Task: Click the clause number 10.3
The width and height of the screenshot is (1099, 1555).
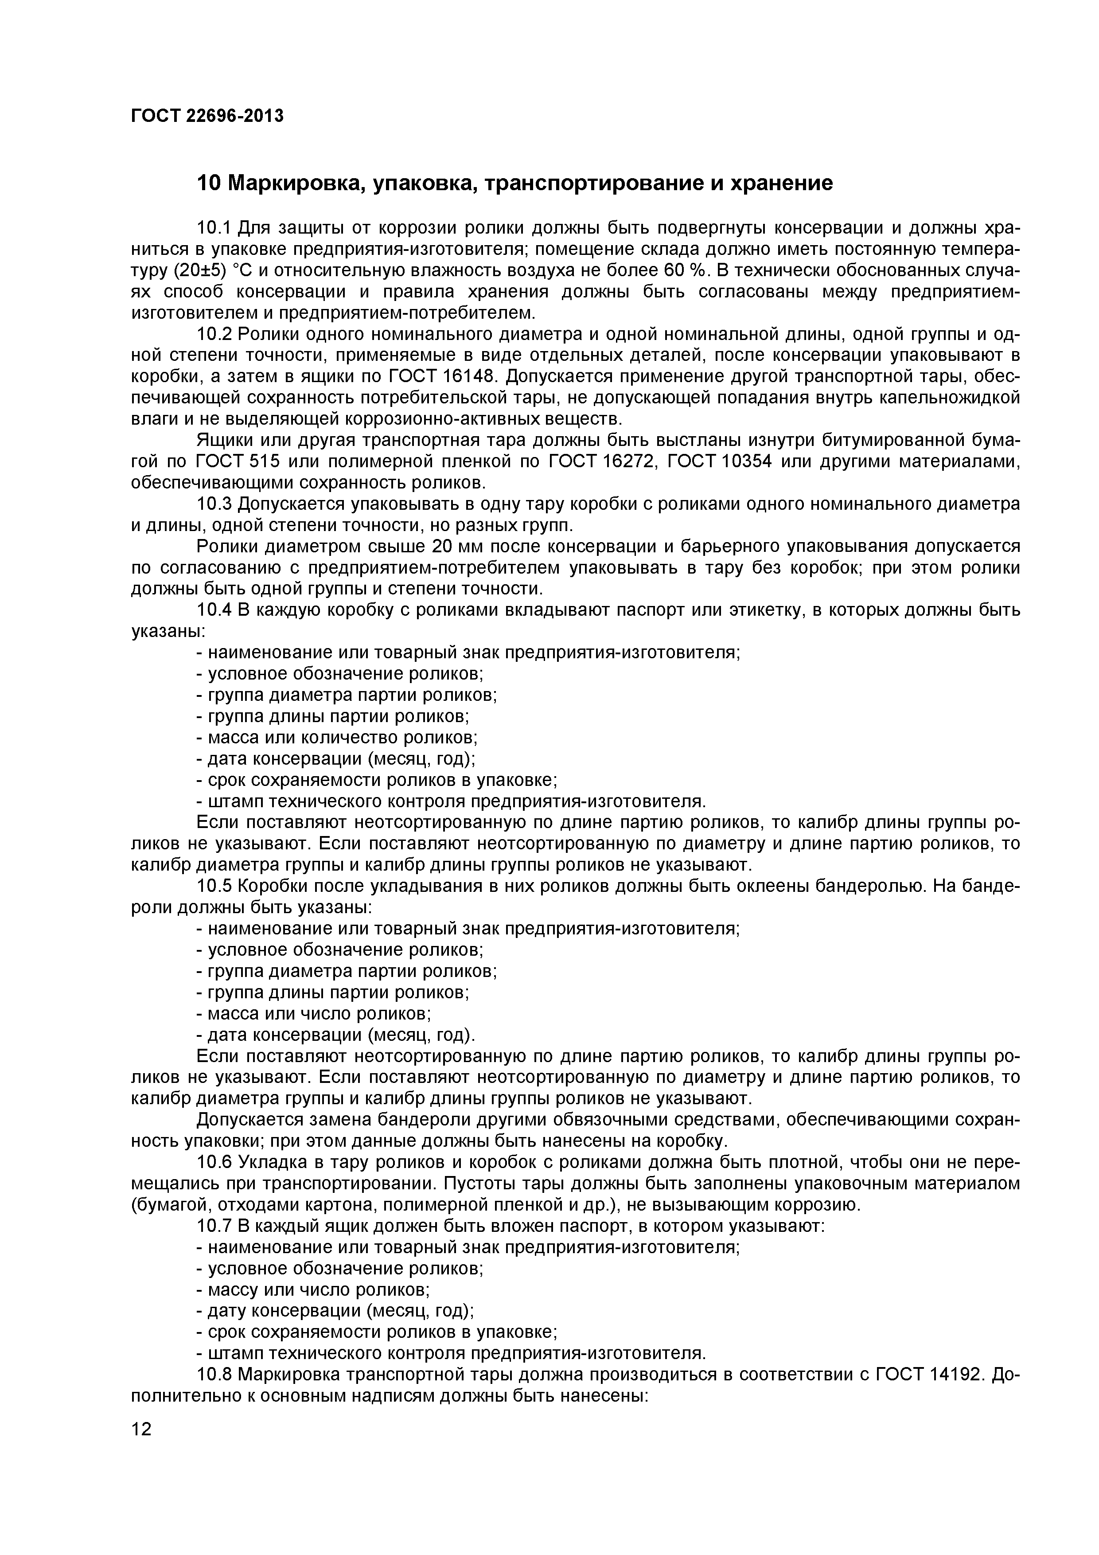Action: [214, 504]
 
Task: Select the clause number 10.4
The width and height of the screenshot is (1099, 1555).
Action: [214, 610]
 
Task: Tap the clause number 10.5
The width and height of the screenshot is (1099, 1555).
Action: [214, 887]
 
